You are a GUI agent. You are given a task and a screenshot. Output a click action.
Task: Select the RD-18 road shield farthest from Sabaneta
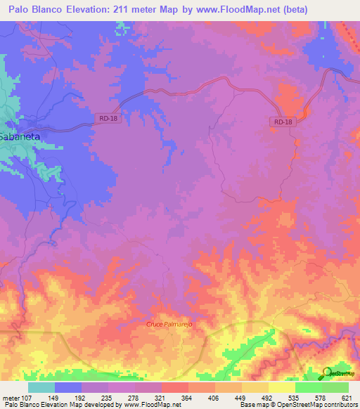(x=280, y=122)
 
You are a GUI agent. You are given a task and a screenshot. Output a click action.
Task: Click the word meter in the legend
(x=10, y=398)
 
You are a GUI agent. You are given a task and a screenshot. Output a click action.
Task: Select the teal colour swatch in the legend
(x=41, y=387)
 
